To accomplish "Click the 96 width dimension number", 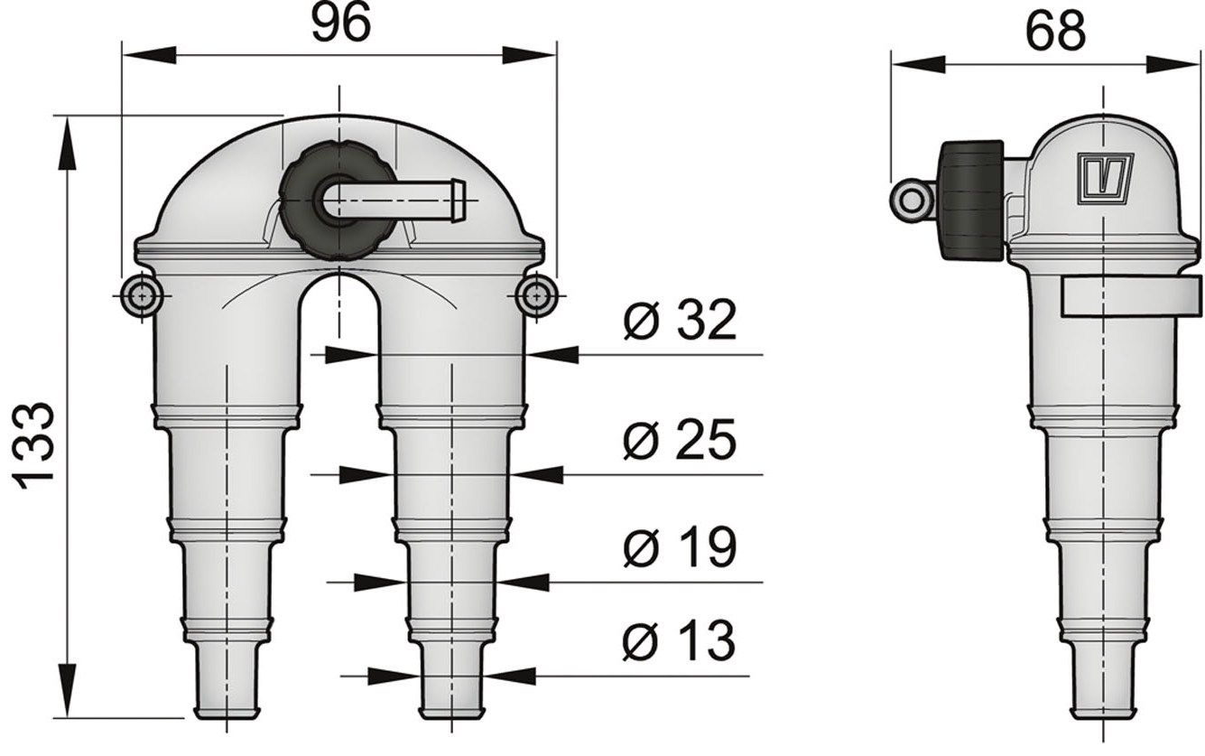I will coord(340,23).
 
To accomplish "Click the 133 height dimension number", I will coord(36,445).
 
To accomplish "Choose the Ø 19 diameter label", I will coord(679,547).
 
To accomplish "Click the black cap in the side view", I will coord(972,200).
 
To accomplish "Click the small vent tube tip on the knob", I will coord(456,193).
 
